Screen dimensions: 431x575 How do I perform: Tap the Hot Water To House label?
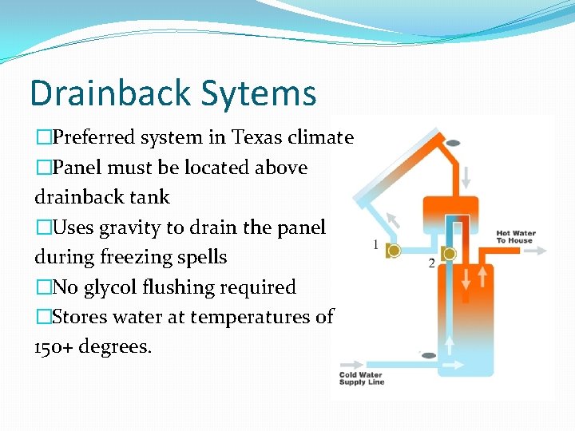tap(515, 237)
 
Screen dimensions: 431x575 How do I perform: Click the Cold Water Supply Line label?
tap(361, 378)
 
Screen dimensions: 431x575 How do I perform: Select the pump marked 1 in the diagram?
tap(394, 250)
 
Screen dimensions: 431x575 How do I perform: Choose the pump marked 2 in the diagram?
tap(449, 255)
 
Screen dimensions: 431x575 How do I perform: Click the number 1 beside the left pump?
tap(375, 245)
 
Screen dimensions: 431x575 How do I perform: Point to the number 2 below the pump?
tap(432, 264)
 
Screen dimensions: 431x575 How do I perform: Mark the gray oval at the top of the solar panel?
tap(453, 143)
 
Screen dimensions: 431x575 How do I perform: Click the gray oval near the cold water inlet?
tap(429, 355)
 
